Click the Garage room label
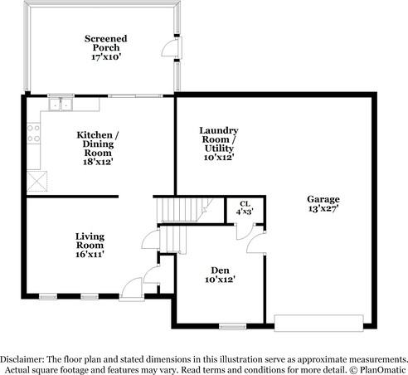point(323,203)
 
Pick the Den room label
point(220,275)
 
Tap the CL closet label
point(245,207)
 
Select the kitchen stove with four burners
point(33,134)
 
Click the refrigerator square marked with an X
point(36,181)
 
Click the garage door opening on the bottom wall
point(319,323)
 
